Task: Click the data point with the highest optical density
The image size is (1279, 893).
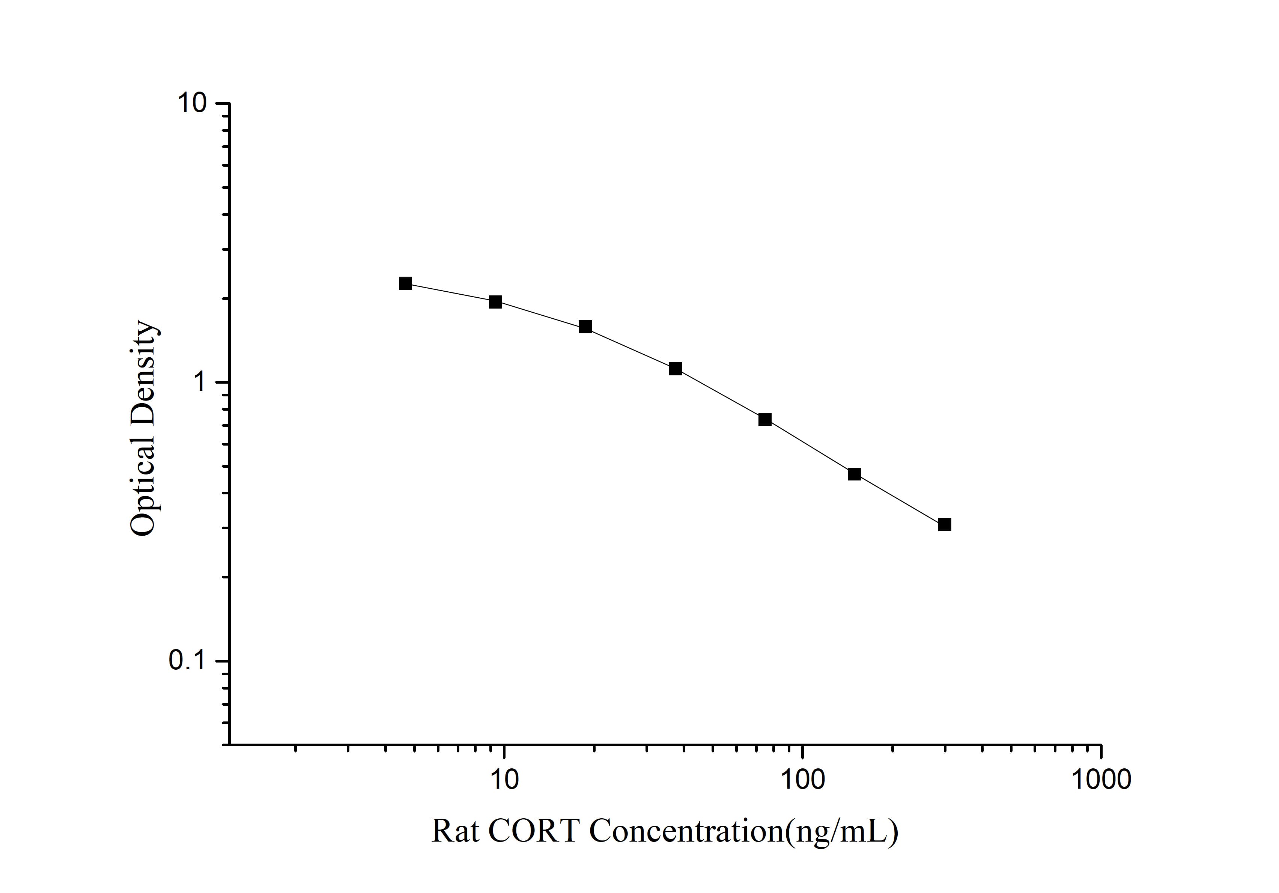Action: click(406, 283)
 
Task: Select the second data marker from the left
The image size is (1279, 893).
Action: click(495, 302)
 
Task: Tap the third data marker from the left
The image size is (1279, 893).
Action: click(585, 327)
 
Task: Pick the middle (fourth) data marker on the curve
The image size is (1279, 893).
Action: click(675, 369)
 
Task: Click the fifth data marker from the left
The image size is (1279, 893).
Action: click(765, 420)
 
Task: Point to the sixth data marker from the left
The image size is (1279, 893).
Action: click(855, 474)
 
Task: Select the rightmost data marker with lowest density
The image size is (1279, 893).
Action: click(944, 525)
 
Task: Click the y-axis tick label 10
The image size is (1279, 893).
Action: click(192, 103)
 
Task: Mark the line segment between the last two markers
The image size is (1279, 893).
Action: click(900, 500)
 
